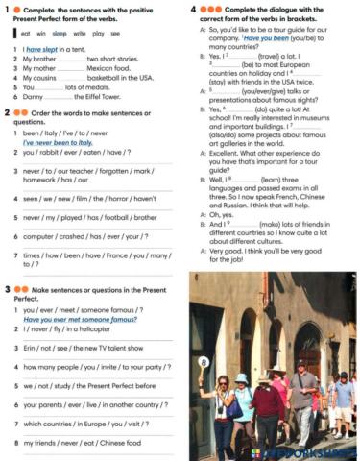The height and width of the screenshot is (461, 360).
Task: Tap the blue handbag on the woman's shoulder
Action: [234, 407]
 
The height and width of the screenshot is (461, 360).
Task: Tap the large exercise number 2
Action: [8, 111]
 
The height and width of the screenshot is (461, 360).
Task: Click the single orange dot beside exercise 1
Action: [18, 9]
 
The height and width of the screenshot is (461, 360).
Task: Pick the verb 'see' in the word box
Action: [115, 33]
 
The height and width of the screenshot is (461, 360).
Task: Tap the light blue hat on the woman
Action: [243, 378]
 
